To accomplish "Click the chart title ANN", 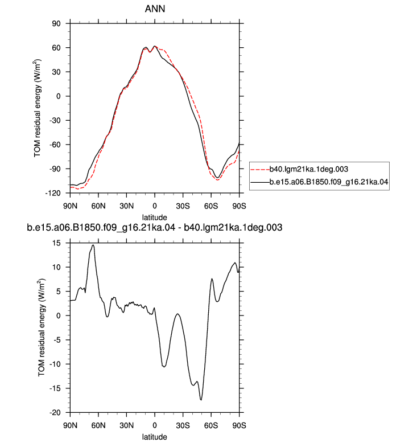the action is coord(155,9).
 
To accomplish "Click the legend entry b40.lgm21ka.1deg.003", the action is coord(308,169).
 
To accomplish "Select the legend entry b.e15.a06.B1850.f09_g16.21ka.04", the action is coord(329,182).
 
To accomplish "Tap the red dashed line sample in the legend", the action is coord(260,170).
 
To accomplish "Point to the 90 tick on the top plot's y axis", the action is coord(56,23).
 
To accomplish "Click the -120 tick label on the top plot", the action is coord(53,193).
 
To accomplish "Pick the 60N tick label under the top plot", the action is coord(98,206).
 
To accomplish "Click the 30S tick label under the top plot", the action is coord(183,206).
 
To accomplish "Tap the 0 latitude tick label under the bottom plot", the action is coord(155,425).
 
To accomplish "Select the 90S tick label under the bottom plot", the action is coord(239,425).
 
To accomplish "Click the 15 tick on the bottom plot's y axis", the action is coord(56,243).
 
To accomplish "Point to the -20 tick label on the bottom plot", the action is coord(55,413).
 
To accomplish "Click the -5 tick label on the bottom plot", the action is coord(57,340).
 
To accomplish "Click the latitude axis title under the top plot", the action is coord(154,218).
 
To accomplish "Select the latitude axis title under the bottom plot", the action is coord(154,437).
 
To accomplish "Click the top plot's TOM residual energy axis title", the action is coord(38,108).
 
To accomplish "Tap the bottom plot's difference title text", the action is coord(154,227).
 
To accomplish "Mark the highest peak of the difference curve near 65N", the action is coord(93,245).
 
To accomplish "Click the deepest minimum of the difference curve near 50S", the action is coord(201,400).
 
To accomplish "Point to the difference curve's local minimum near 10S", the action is coord(164,367).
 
